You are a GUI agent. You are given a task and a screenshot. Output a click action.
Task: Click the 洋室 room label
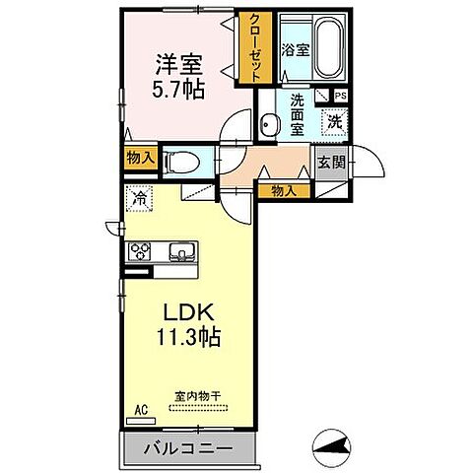(178, 63)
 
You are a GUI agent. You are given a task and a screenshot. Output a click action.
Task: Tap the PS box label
(340, 96)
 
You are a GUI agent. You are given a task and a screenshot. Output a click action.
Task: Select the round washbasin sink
(269, 125)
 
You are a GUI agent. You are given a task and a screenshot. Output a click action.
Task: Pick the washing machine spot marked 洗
(335, 123)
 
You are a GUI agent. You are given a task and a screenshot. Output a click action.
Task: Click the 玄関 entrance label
(329, 164)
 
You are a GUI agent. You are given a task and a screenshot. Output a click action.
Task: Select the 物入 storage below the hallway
(284, 189)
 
